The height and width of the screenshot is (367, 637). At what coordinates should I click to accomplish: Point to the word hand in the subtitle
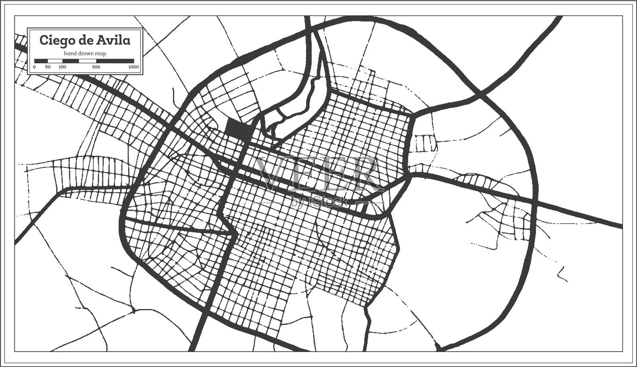click(70, 53)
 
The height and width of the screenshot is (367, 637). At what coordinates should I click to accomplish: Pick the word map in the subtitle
click(100, 53)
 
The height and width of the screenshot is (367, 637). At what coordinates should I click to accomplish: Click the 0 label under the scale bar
click(35, 67)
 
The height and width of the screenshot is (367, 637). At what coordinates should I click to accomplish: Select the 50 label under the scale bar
click(48, 67)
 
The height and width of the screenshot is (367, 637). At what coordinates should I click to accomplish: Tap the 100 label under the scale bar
click(62, 67)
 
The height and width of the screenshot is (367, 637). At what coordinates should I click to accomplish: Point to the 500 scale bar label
click(96, 67)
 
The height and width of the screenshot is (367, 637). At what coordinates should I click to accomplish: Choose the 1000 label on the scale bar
click(134, 67)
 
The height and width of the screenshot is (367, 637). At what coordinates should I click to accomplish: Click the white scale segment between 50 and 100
click(55, 61)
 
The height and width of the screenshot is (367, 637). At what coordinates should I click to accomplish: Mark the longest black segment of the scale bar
click(115, 61)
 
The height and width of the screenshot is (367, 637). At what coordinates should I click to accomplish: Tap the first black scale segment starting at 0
click(41, 61)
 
